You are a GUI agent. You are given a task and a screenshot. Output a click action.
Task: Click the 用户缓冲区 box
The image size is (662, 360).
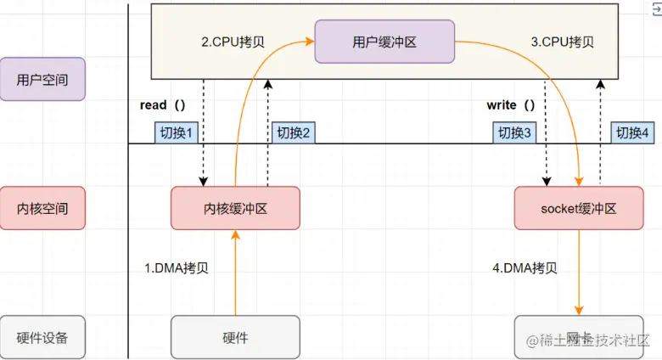tap(384, 42)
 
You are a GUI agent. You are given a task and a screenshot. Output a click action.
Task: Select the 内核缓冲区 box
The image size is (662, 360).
tap(235, 208)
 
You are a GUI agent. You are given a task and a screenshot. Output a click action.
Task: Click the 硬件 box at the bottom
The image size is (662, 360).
tap(235, 337)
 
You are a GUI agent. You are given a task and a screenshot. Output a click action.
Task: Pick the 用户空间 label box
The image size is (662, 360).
tap(42, 80)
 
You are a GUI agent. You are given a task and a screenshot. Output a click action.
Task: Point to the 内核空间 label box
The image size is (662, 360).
tap(42, 208)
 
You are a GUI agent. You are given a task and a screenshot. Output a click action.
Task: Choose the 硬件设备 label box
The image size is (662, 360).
tap(42, 337)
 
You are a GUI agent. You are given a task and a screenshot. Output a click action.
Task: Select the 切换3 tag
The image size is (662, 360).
tap(514, 132)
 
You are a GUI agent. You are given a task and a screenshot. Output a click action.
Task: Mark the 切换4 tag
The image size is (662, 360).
tap(633, 132)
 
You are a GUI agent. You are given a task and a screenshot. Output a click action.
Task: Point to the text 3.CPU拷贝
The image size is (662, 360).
tap(562, 42)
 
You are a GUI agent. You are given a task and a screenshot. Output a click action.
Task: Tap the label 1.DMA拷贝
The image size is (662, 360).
tap(177, 268)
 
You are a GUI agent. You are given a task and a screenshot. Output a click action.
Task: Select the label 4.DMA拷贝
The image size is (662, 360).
tap(525, 268)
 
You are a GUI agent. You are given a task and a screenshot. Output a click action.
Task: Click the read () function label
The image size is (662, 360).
tap(162, 105)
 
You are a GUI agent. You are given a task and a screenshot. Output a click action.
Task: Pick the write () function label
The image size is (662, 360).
tap(511, 105)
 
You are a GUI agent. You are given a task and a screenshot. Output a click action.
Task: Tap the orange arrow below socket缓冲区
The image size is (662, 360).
tap(581, 272)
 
